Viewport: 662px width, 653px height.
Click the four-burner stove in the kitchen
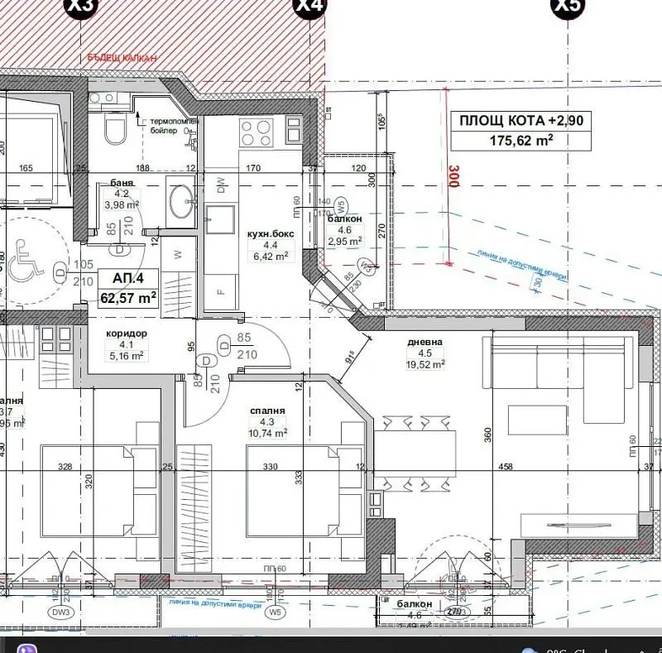point(256,131)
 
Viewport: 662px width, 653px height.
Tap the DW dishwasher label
point(221,187)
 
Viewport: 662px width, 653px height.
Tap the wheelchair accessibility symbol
point(25,264)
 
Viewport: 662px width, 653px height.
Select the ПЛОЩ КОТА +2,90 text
point(521,121)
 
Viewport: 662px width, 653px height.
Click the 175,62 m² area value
point(521,141)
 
